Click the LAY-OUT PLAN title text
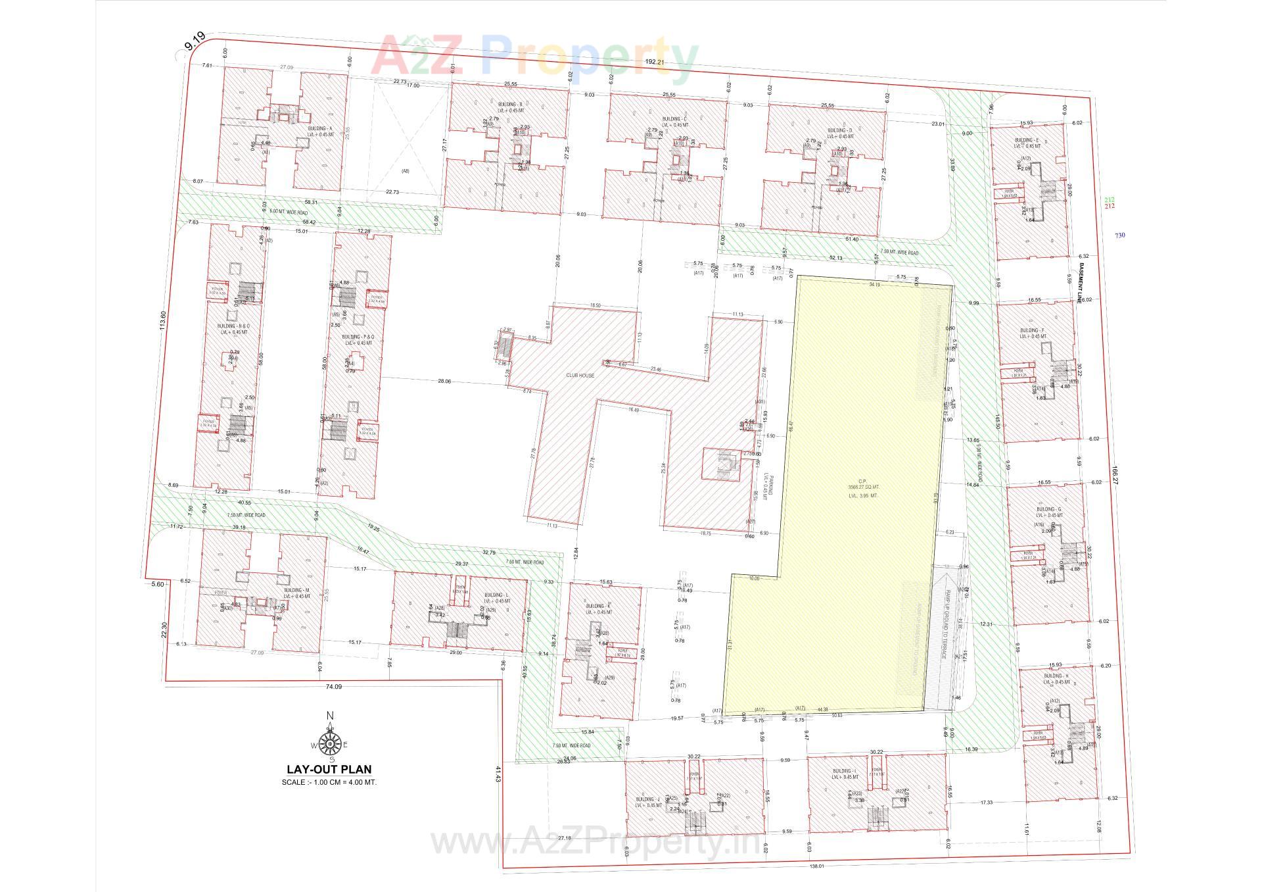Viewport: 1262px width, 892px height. pyautogui.click(x=329, y=768)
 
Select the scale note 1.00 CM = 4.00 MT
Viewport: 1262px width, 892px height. pyautogui.click(x=329, y=782)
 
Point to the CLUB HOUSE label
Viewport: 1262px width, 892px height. pyautogui.click(x=580, y=376)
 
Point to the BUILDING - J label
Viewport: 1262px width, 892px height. pyautogui.click(x=648, y=800)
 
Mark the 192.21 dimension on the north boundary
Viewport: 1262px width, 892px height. pyautogui.click(x=653, y=62)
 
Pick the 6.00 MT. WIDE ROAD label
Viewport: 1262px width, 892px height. pyautogui.click(x=289, y=211)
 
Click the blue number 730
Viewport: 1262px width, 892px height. pyautogui.click(x=1119, y=235)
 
